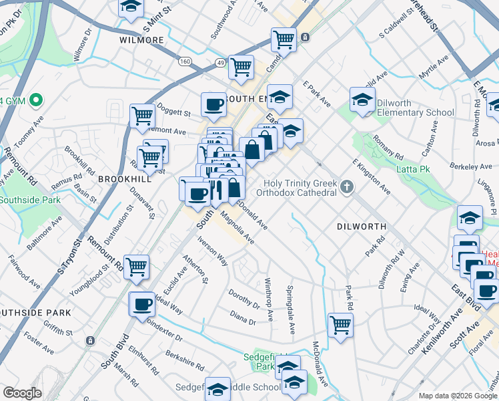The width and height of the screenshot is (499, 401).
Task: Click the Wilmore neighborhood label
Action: [x=141, y=40]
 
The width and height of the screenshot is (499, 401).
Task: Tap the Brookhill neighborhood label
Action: [x=122, y=180]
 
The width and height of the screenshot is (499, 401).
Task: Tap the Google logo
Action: [x=22, y=392]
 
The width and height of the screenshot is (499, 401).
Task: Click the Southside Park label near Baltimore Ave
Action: [x=30, y=199]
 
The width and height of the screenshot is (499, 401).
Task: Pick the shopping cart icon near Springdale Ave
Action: [x=340, y=325]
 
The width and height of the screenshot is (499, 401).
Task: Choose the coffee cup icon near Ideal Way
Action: [x=141, y=303]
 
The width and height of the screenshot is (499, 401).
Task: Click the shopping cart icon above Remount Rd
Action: [x=136, y=266]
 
